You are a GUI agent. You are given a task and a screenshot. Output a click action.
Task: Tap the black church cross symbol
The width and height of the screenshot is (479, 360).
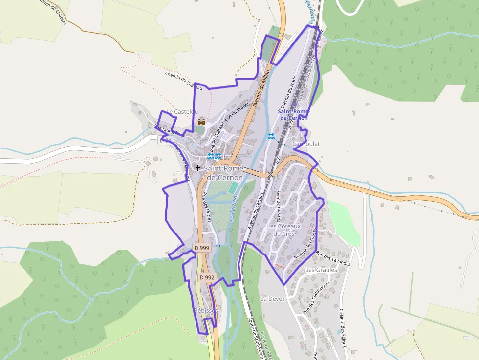[x=198, y=167]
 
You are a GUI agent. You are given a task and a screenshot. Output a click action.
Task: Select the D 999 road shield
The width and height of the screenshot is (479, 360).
[x=201, y=248]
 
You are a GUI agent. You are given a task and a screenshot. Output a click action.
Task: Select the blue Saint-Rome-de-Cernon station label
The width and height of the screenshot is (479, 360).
[x=293, y=114]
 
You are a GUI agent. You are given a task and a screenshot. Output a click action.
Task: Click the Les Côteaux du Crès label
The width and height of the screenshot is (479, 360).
[x=281, y=230]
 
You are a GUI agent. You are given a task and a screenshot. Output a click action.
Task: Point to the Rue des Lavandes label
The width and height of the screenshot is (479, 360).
[x=334, y=258]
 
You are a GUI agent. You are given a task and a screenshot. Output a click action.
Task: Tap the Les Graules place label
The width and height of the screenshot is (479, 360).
[x=321, y=270]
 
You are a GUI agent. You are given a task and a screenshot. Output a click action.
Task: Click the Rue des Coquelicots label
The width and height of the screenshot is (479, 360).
[x=316, y=296]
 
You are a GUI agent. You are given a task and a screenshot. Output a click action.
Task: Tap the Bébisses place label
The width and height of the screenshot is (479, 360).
[x=205, y=311]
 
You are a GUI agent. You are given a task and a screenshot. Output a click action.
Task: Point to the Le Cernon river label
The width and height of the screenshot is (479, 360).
[x=233, y=210]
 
